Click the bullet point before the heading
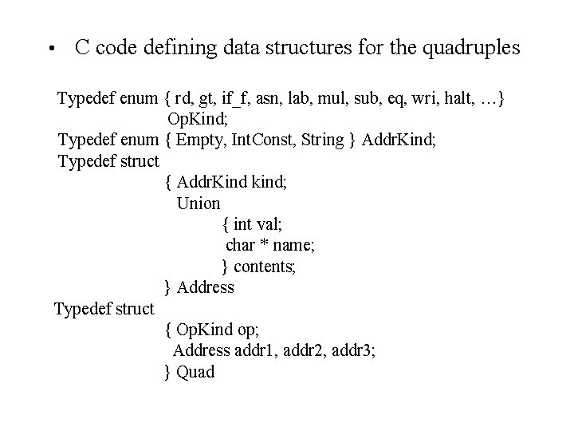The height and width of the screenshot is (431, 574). click(49, 49)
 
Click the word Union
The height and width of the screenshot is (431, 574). click(199, 203)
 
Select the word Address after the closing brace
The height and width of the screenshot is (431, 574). click(206, 287)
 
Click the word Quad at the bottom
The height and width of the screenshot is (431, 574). click(196, 371)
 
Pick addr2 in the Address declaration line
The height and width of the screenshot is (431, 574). click(303, 350)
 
